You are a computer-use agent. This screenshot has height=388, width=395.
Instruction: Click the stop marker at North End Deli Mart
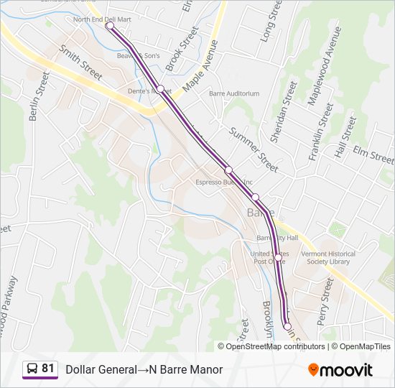click(x=110, y=26)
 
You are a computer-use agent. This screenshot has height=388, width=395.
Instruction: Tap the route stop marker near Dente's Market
click(x=161, y=89)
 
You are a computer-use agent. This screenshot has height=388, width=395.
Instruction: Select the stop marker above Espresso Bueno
click(x=228, y=170)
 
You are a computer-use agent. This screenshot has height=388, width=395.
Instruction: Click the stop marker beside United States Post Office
click(x=278, y=257)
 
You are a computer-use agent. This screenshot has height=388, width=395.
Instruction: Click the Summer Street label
click(x=254, y=150)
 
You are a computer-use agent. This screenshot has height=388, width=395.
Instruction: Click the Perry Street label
click(x=327, y=298)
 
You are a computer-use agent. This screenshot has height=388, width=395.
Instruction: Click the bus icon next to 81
click(x=32, y=369)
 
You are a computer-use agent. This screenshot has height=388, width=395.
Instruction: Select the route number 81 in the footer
click(x=47, y=369)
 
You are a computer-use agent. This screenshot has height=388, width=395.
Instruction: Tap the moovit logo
click(x=340, y=369)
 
